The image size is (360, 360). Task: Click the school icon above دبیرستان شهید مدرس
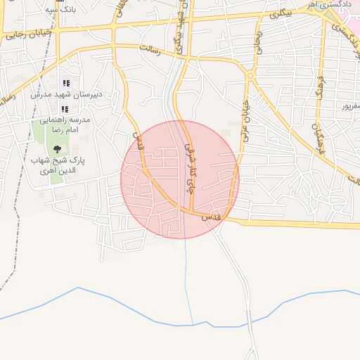66,83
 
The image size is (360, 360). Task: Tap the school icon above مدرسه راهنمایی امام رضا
65,109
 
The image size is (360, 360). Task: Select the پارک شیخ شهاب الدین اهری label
57,166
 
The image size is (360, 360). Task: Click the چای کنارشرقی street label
189,169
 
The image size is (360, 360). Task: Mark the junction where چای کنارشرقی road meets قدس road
191,212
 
